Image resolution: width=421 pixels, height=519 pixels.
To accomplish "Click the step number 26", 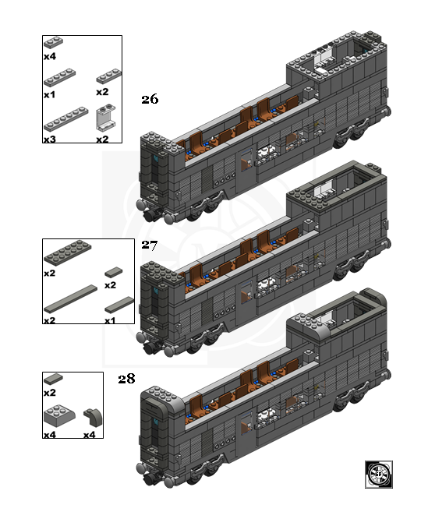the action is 150,99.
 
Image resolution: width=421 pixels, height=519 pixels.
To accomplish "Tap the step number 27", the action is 150,245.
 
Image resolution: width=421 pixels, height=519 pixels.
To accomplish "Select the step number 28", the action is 126,379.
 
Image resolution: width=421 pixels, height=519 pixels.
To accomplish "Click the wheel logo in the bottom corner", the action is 379,475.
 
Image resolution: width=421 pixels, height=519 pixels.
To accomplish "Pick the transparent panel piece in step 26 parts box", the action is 106,118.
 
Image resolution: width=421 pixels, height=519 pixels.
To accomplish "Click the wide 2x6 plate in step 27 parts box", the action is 68,252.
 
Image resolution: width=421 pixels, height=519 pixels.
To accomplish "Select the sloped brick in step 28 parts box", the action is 59,415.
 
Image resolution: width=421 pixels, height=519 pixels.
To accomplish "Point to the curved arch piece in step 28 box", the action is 93,417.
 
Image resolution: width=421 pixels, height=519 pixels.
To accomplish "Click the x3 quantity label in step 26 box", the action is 50,139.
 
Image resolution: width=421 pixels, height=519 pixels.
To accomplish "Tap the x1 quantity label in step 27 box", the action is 110,320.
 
